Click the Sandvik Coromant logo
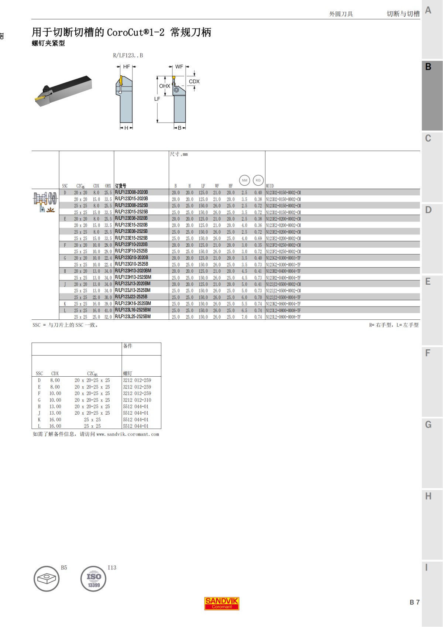[x=221, y=603]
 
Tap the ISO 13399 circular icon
[x=93, y=579]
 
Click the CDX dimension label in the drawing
[x=194, y=82]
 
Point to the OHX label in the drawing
[x=164, y=86]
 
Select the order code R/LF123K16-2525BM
[x=133, y=304]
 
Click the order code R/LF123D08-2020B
[x=131, y=192]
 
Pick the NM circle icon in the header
[x=244, y=180]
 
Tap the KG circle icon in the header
[x=258, y=180]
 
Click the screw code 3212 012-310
[x=137, y=400]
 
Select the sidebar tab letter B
[x=428, y=67]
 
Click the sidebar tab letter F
[x=428, y=353]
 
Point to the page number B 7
[x=414, y=602]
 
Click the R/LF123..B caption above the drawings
[x=128, y=55]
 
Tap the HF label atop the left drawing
[x=126, y=67]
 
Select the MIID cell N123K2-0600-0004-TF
[x=283, y=304]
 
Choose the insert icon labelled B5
[x=47, y=579]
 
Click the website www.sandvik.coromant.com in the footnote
[x=127, y=434]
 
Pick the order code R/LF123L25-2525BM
[x=133, y=317]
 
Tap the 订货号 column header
[x=120, y=186]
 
